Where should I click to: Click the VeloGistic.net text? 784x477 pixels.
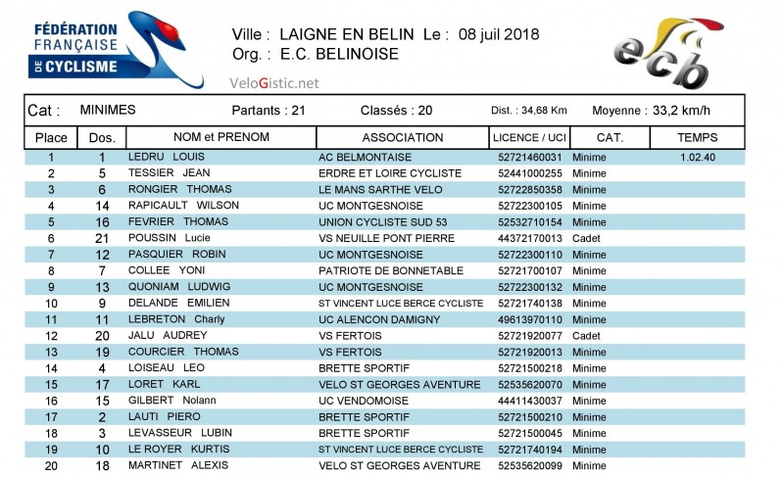(274, 83)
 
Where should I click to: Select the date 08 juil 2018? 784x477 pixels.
(495, 34)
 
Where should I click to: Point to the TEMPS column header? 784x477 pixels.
(697, 137)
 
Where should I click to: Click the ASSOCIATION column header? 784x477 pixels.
(402, 137)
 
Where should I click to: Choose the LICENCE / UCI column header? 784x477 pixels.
(530, 137)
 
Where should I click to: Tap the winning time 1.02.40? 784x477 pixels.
(697, 157)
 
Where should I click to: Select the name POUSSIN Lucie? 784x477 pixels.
(169, 238)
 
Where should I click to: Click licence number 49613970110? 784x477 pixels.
(530, 319)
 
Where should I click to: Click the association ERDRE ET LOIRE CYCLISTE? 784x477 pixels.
(390, 173)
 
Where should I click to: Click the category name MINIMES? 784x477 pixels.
(108, 110)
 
